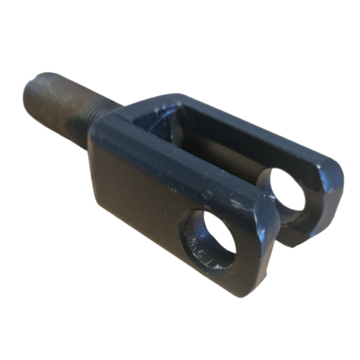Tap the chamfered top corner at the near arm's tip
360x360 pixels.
point(264,207)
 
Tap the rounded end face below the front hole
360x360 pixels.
point(240,279)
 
